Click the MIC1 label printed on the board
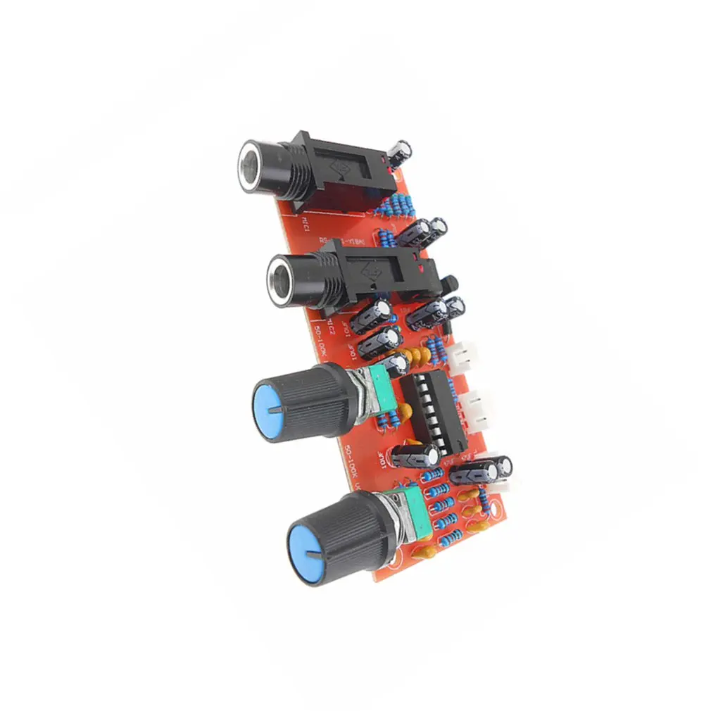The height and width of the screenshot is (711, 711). [306, 227]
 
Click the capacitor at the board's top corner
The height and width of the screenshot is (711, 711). [402, 153]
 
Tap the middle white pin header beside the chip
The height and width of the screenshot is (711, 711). [479, 411]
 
